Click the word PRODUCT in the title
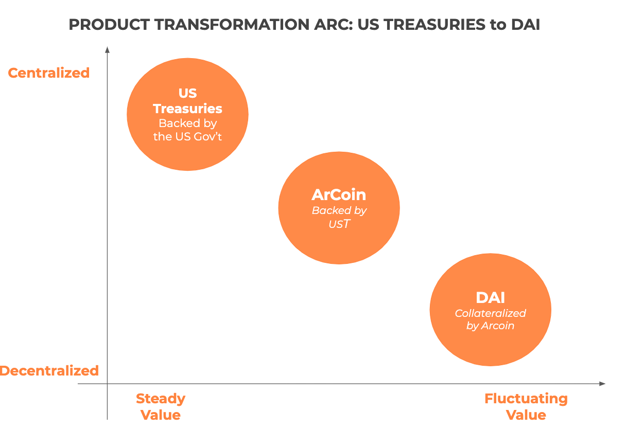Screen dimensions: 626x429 pyautogui.click(x=109, y=25)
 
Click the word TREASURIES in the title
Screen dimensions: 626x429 pyautogui.click(x=435, y=25)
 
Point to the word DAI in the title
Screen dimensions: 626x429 pyautogui.click(x=526, y=25)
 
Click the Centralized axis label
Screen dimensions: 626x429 pyautogui.click(x=48, y=73)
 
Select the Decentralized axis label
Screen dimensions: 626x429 pyautogui.click(x=49, y=371)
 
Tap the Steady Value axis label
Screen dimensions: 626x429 pyautogui.click(x=161, y=407)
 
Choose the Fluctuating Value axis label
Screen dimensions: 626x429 pyautogui.click(x=526, y=407)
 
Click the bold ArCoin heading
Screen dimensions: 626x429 pyautogui.click(x=339, y=194)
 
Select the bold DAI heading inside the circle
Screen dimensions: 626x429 pyautogui.click(x=491, y=297)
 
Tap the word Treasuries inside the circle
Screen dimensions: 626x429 pyautogui.click(x=187, y=109)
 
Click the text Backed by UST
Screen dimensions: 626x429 pyautogui.click(x=339, y=217)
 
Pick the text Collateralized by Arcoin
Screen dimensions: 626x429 pyautogui.click(x=491, y=319)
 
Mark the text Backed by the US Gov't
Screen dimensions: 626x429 pyautogui.click(x=187, y=130)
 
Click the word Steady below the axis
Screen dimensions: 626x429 pyautogui.click(x=161, y=399)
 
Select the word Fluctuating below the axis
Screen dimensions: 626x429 pyautogui.click(x=526, y=399)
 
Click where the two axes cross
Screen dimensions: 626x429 pyautogui.click(x=107, y=384)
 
